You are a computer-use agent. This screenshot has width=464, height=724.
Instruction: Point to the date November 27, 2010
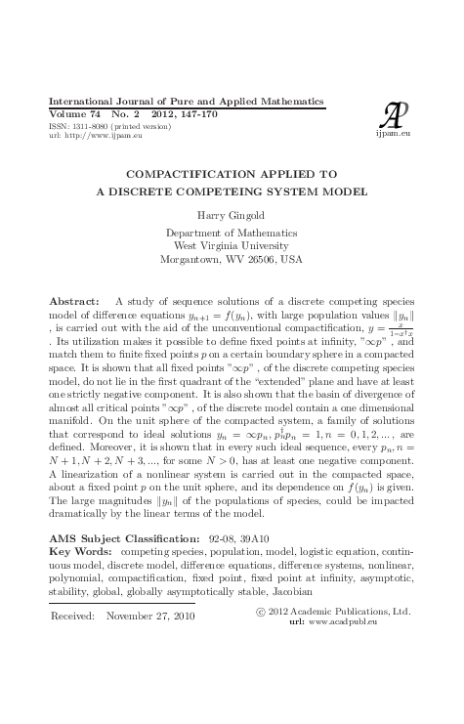click(149, 617)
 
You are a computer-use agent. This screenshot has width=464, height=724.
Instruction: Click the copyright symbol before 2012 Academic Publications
click(259, 611)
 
